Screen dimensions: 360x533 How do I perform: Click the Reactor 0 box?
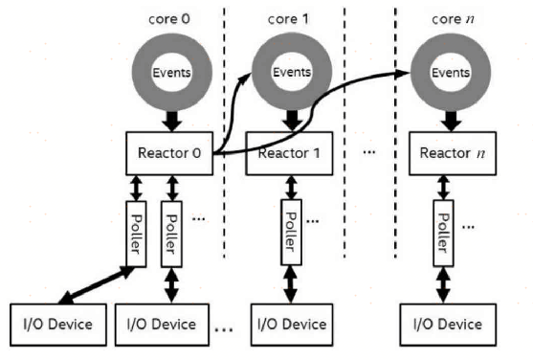(168, 153)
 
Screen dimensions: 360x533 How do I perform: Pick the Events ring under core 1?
(290, 71)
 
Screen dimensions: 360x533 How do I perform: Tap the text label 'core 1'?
(290, 19)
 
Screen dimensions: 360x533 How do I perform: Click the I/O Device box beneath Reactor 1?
(290, 323)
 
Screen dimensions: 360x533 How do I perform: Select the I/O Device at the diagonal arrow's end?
(55, 323)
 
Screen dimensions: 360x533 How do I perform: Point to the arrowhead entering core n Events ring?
(402, 73)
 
